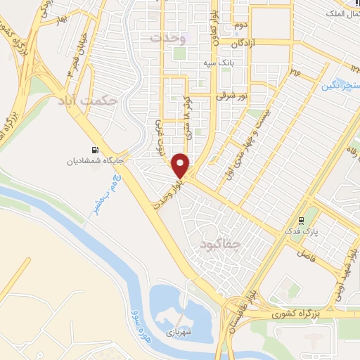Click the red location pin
click(x=181, y=166)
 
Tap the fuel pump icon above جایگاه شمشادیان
click(x=96, y=150)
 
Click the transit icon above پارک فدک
click(x=302, y=218)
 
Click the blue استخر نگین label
click(x=341, y=86)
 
